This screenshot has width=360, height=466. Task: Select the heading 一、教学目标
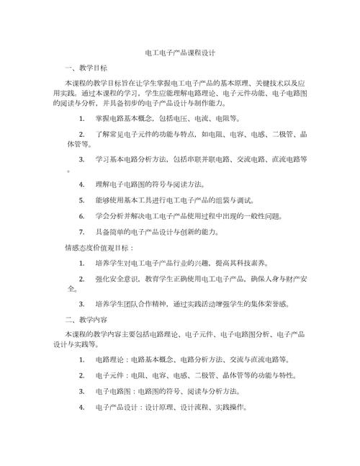tap(86, 68)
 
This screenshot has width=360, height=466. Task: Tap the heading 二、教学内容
tap(86, 318)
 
